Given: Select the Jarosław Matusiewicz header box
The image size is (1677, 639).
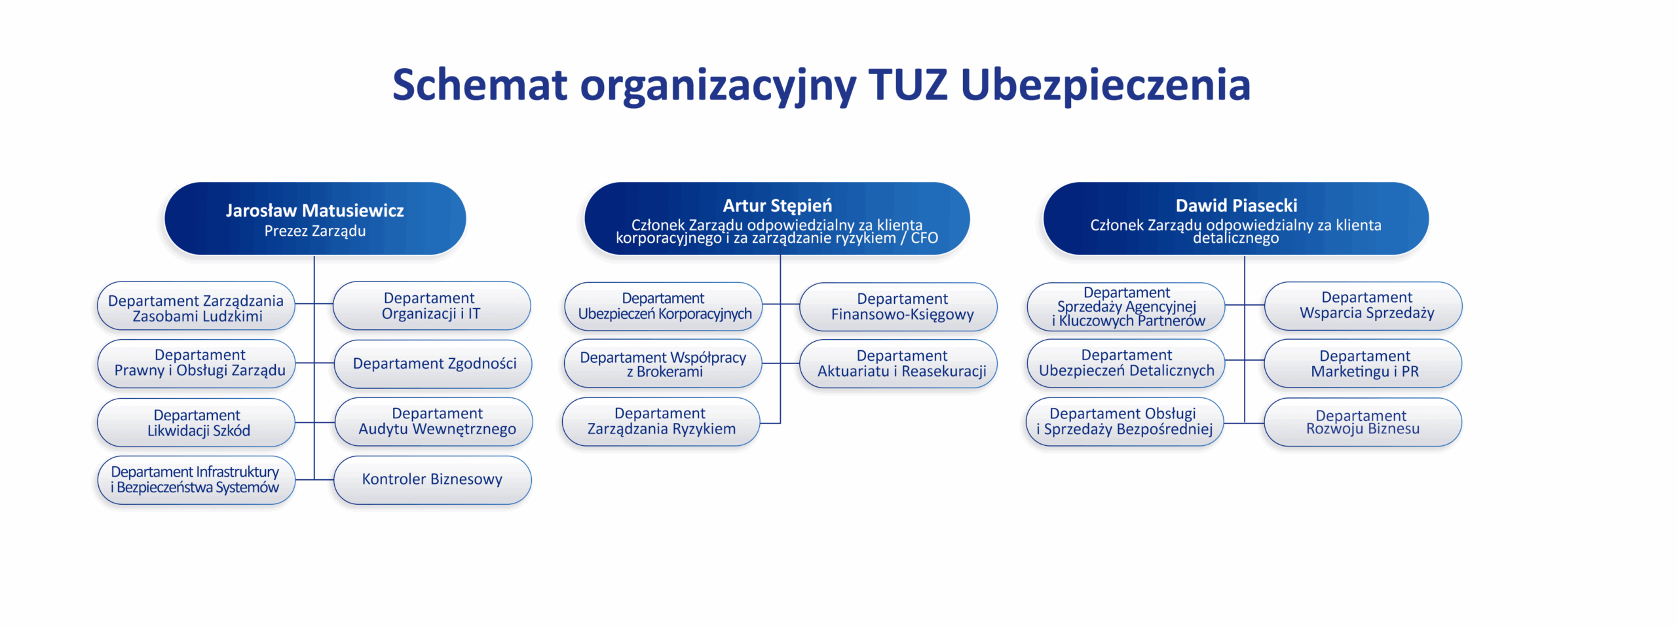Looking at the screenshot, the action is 315,219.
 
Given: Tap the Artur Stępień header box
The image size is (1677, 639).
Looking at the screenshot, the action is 777,219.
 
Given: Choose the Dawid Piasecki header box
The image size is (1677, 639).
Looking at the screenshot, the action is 1236,219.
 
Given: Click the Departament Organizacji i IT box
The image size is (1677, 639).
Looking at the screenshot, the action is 432,306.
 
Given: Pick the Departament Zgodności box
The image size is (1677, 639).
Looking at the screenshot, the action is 433,363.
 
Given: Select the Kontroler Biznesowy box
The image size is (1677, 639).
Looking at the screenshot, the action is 432,480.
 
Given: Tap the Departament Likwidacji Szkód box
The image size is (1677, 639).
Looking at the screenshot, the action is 197,423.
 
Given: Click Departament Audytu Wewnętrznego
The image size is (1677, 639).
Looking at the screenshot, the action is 434,422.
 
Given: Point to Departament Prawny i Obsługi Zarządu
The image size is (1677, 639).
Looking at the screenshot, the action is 197,363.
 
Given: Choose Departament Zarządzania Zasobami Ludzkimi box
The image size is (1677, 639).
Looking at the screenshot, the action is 196,306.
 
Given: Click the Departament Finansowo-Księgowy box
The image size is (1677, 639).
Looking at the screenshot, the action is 899,306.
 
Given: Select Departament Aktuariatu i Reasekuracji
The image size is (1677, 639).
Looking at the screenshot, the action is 899,363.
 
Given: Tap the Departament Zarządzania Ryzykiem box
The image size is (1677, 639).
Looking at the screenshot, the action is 662,422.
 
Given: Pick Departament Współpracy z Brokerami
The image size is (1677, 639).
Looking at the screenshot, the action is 663,363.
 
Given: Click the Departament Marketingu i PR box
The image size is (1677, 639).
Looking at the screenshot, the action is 1363,363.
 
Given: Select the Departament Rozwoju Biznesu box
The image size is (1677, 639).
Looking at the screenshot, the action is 1363,422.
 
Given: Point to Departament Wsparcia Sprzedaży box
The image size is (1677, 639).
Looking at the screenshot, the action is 1363,306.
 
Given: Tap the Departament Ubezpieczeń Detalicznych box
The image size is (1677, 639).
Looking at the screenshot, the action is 1125,363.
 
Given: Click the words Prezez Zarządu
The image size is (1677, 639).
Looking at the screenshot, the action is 315,231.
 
